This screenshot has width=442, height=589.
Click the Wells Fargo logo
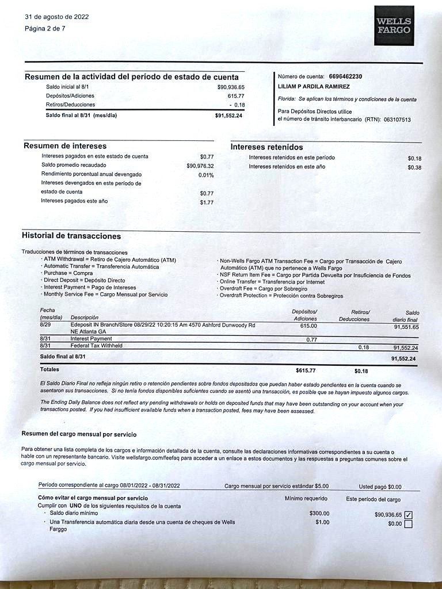(394, 26)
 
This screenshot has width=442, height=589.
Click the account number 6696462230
(345, 77)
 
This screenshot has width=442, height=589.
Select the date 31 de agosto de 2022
(57, 17)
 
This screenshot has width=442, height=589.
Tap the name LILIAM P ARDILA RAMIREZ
(314, 86)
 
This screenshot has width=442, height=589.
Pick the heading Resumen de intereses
(65, 146)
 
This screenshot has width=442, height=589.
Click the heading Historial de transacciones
(71, 236)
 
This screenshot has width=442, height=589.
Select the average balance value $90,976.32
(199, 166)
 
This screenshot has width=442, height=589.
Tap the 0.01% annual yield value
(206, 175)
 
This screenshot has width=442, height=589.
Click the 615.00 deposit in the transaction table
(308, 326)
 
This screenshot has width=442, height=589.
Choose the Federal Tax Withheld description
(97, 346)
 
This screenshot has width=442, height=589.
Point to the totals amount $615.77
(306, 371)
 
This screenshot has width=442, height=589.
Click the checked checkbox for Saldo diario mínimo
(409, 515)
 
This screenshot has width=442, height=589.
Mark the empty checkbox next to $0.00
(409, 524)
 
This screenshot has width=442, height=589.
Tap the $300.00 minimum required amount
(319, 514)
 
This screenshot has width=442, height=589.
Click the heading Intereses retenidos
(266, 147)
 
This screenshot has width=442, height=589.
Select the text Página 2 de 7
(45, 29)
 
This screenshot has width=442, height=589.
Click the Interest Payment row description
(91, 339)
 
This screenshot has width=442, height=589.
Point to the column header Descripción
(84, 318)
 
